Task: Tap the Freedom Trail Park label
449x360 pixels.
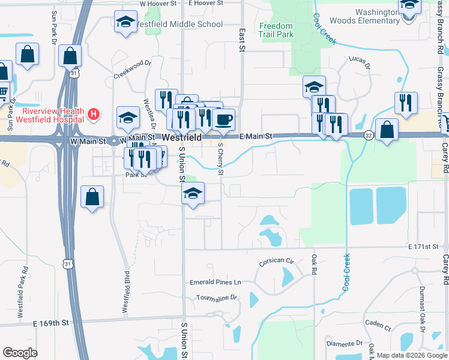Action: tap(276, 31)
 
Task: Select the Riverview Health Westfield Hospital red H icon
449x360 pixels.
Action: tap(93, 113)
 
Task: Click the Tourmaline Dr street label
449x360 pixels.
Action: tap(217, 298)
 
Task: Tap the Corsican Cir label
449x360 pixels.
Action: tap(277, 261)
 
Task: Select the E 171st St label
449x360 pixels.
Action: tap(427, 247)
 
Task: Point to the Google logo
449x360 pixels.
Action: tap(20, 353)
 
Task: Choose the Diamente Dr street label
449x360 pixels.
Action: tap(345, 344)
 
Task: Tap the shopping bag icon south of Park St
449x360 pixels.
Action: tap(92, 197)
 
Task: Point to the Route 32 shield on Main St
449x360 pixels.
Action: tap(368, 136)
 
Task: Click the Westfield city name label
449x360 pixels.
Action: tap(181, 137)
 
